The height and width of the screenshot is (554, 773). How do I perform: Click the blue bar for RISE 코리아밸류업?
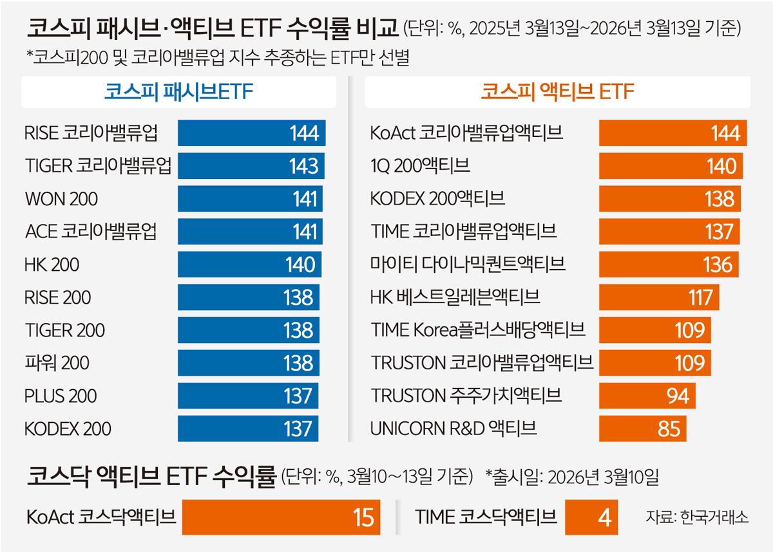(251, 133)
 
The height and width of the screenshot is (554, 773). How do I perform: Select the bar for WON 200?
(250, 199)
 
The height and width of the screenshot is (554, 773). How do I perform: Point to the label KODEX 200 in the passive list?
(68, 429)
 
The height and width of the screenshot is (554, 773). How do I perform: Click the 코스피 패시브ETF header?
(178, 92)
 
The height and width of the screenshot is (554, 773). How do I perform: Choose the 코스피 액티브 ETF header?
(558, 92)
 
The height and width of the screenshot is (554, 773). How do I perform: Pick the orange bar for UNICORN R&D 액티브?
(642, 429)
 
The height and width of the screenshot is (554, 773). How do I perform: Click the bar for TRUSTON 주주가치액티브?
(647, 396)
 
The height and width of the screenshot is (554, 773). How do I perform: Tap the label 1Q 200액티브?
(420, 166)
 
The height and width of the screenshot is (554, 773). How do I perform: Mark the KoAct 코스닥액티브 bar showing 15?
(281, 517)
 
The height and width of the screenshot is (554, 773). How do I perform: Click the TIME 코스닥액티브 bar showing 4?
(591, 517)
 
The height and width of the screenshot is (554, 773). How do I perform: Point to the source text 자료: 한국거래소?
(697, 517)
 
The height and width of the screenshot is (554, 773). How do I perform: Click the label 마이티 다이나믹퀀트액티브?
(468, 264)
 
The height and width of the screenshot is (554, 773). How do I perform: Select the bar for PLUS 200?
(248, 396)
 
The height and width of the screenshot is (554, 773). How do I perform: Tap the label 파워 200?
(57, 363)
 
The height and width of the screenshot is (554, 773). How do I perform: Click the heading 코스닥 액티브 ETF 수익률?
(151, 477)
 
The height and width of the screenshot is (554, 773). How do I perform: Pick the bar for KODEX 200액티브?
(670, 199)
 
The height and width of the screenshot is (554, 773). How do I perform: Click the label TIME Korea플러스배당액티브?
(478, 330)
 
